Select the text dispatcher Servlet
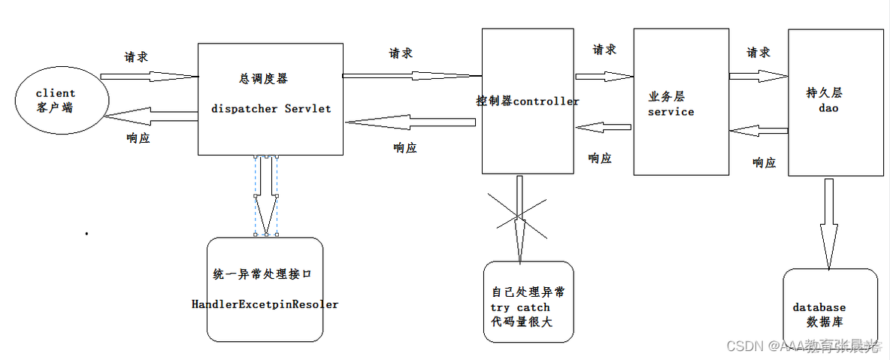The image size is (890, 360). pyautogui.click(x=271, y=108)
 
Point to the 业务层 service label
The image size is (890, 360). pyautogui.click(x=671, y=104)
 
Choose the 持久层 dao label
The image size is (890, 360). pyautogui.click(x=823, y=101)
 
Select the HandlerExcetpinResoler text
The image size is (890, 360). pyautogui.click(x=265, y=304)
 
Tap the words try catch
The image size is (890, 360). pyautogui.click(x=520, y=307)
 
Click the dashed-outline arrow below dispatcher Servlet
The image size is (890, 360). pyautogui.click(x=266, y=195)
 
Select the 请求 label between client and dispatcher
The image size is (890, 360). pyautogui.click(x=136, y=57)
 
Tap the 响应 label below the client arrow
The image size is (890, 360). pyautogui.click(x=138, y=138)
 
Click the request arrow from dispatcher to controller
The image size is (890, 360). pyautogui.click(x=411, y=75)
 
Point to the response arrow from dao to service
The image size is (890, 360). pyautogui.click(x=758, y=132)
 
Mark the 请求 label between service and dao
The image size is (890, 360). pyautogui.click(x=758, y=53)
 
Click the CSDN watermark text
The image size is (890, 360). pyautogui.click(x=803, y=345)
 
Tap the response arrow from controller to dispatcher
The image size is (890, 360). pyautogui.click(x=411, y=122)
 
